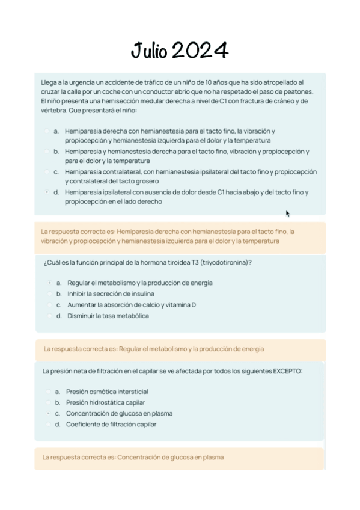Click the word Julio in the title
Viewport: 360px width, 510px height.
tap(150, 51)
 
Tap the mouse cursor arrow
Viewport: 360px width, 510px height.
tap(288, 213)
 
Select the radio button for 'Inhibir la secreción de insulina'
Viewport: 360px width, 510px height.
tap(49, 294)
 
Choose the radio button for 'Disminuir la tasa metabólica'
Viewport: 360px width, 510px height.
tap(49, 316)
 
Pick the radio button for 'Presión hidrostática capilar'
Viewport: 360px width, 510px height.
tap(47, 402)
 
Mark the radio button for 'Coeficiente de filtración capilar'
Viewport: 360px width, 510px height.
tap(47, 424)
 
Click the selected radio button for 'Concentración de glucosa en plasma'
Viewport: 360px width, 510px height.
tap(47, 413)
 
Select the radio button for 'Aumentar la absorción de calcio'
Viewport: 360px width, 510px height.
tap(49, 305)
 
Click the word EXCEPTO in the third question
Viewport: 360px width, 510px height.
tap(288, 371)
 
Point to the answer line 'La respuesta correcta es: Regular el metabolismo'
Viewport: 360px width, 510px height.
tap(153, 349)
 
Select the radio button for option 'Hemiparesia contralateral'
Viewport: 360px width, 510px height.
tap(46, 172)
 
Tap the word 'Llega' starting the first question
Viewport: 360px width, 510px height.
tap(49, 82)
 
